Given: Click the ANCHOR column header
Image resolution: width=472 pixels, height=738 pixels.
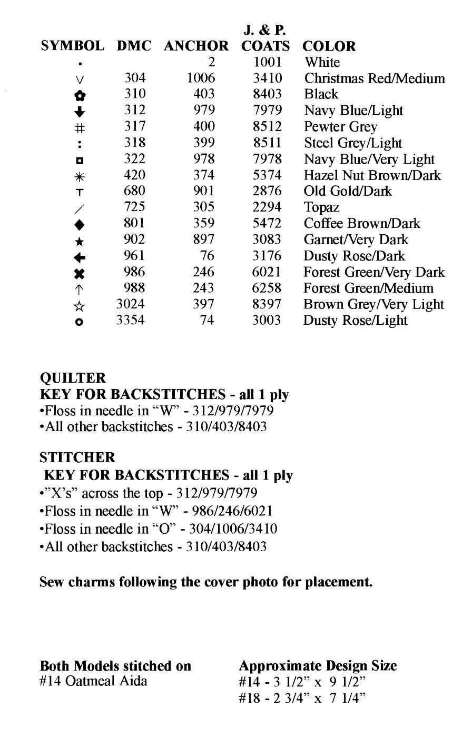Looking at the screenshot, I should (x=196, y=46).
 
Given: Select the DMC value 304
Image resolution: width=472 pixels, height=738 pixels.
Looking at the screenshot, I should (x=134, y=78).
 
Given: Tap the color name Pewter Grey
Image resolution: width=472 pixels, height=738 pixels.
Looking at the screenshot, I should (x=340, y=127).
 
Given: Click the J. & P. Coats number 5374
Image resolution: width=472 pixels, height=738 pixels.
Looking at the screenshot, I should (x=267, y=175).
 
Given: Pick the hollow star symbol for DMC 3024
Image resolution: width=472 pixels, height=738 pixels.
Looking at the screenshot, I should (x=79, y=306).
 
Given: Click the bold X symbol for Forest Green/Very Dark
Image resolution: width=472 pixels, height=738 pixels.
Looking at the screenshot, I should (x=79, y=273).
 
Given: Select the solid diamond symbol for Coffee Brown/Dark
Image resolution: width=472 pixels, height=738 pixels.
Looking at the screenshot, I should (x=79, y=225).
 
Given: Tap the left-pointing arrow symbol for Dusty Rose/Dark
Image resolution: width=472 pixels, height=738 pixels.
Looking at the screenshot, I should (x=79, y=257).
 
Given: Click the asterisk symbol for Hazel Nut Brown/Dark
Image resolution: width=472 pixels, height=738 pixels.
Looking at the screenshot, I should (x=79, y=176).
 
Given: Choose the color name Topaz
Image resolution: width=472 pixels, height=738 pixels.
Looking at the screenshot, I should (x=321, y=207).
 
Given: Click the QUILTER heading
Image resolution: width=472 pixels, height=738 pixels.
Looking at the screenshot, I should (x=73, y=378).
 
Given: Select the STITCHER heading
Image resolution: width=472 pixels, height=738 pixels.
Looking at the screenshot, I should (x=77, y=457).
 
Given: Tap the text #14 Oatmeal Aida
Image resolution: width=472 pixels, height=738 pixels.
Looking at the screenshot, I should (x=93, y=681).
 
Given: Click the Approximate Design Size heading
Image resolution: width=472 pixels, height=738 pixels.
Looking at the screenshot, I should (x=318, y=665).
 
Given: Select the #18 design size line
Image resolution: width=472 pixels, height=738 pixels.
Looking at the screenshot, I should (x=302, y=698).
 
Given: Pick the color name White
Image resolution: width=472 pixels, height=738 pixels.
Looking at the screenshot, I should (x=322, y=62).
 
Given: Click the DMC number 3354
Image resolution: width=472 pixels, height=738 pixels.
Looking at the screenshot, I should (x=130, y=320).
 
